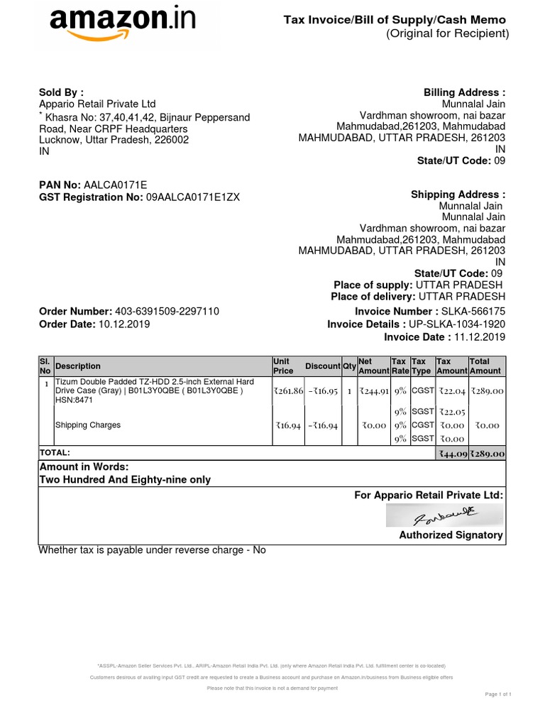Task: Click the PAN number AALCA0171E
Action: click(x=115, y=185)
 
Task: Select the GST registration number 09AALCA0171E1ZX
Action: click(x=193, y=197)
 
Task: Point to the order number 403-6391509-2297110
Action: click(x=167, y=312)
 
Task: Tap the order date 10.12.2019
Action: click(x=124, y=324)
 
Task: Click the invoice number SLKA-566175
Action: click(x=473, y=312)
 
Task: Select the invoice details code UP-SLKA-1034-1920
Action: click(x=456, y=324)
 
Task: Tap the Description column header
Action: click(x=78, y=366)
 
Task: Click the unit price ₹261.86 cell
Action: click(x=286, y=391)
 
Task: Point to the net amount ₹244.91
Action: click(x=373, y=391)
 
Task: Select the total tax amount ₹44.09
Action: click(x=451, y=454)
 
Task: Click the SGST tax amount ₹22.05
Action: click(x=451, y=412)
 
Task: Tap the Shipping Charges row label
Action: click(x=88, y=425)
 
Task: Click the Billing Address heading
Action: click(x=464, y=92)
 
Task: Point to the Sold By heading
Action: click(x=61, y=92)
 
